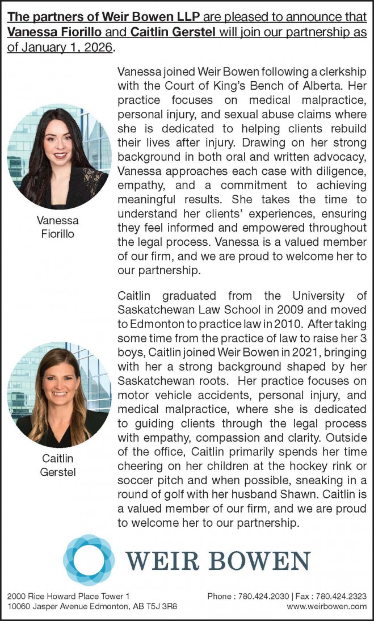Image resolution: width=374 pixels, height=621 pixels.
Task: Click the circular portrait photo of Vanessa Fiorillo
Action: pyautogui.click(x=58, y=156)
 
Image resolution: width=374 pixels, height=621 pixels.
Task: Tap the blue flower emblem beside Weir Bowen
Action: pyautogui.click(x=89, y=559)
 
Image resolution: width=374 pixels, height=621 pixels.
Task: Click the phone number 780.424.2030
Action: pyautogui.click(x=260, y=596)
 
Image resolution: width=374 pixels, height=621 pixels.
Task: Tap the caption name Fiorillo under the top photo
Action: pyautogui.click(x=58, y=234)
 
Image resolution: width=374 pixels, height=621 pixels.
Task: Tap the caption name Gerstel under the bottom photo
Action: pyautogui.click(x=58, y=472)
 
